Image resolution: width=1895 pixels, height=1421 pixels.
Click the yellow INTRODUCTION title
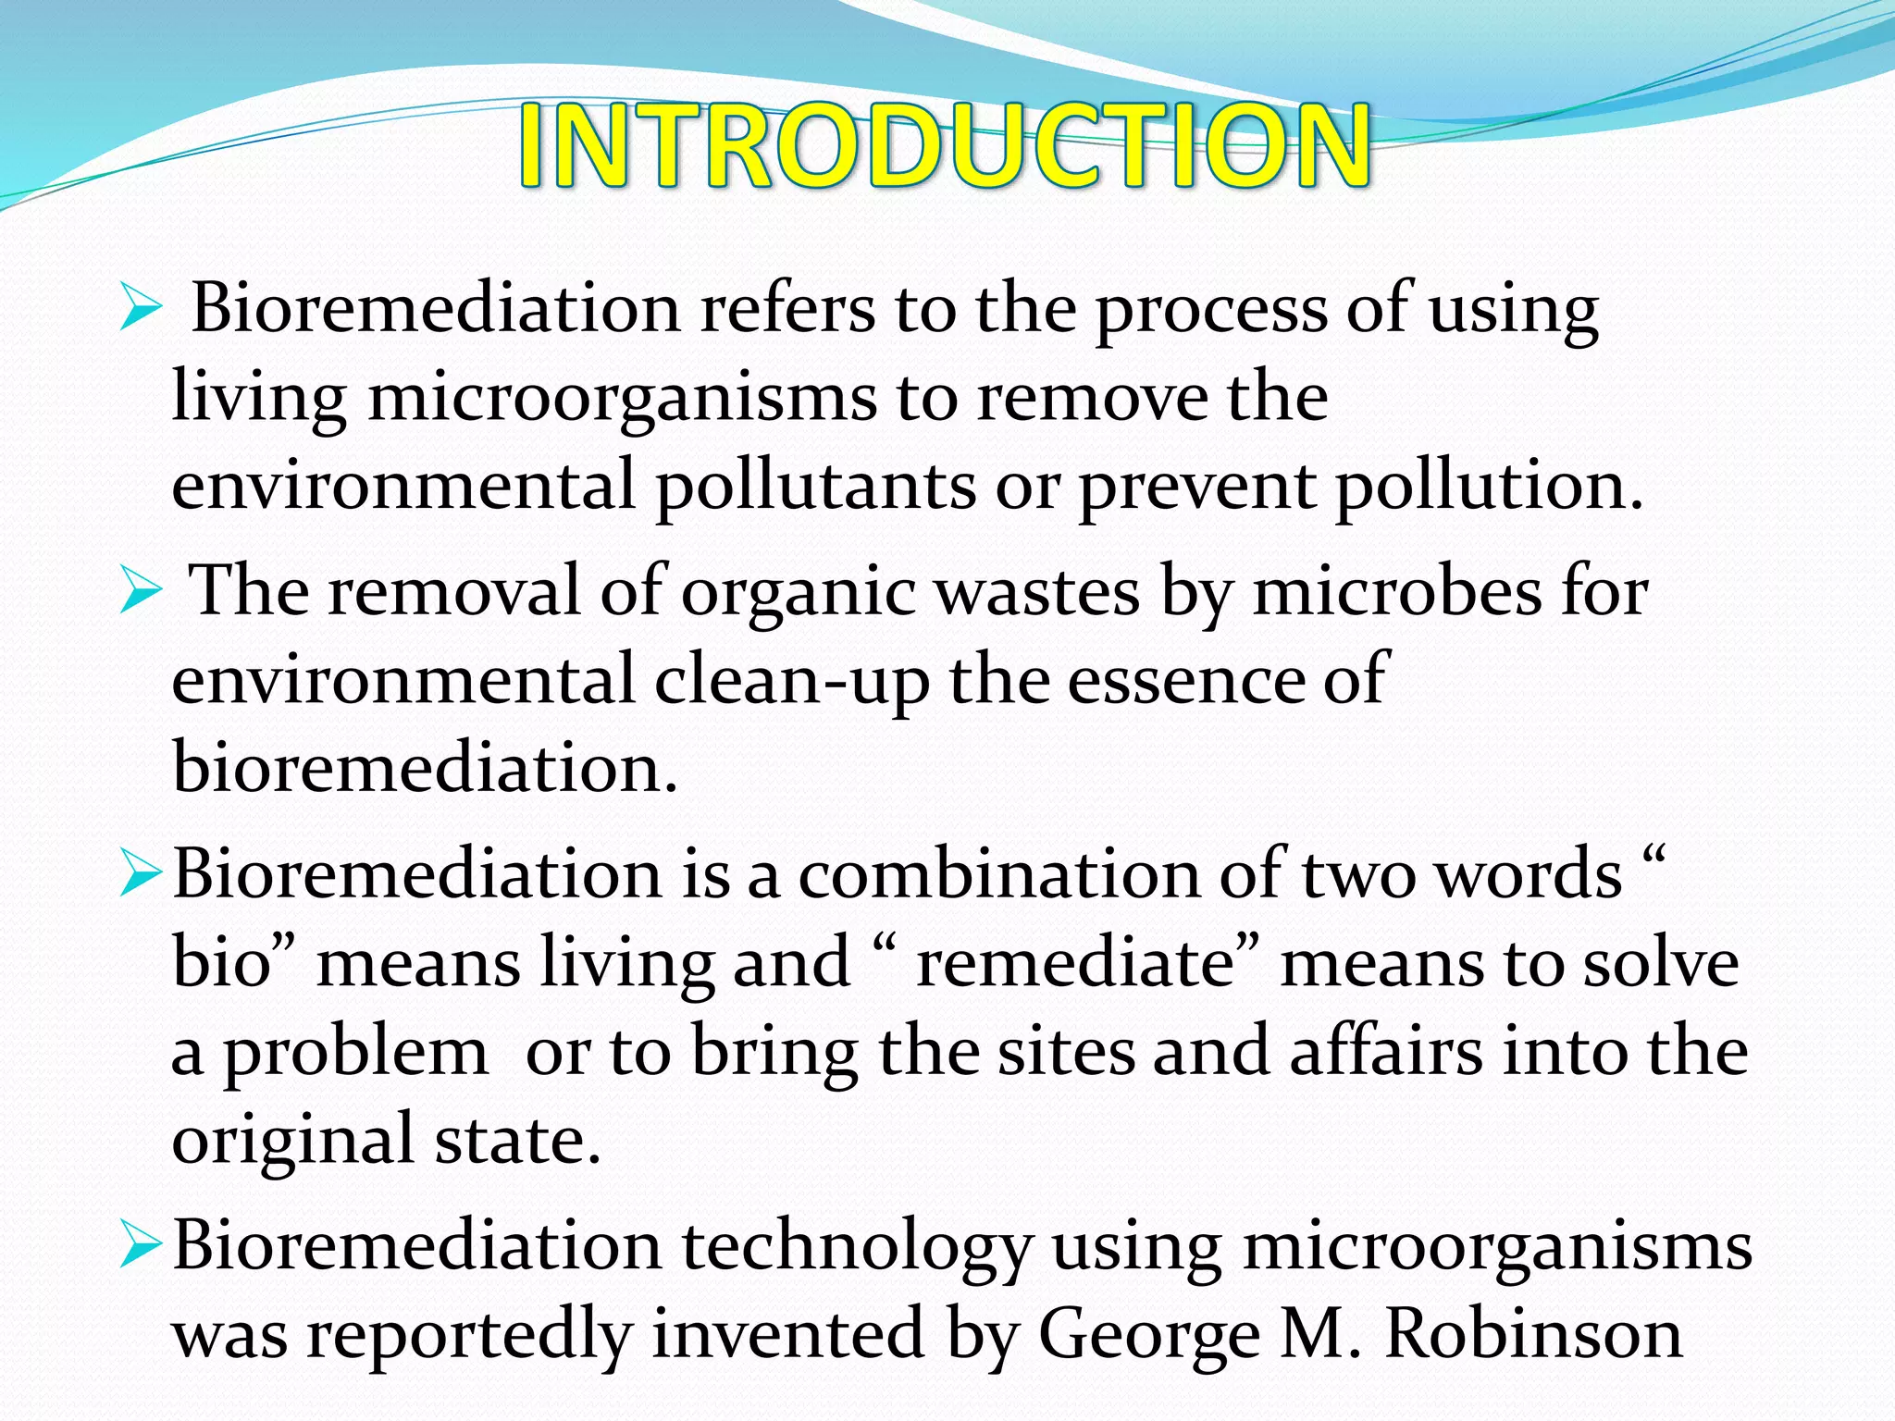[944, 145]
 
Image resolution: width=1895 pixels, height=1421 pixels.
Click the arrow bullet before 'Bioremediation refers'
[141, 310]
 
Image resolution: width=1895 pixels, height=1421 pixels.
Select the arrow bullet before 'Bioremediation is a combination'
[141, 874]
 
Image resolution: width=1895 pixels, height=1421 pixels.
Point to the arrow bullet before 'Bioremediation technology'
[141, 1247]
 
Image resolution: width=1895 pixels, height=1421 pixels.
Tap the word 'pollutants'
[815, 486]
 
